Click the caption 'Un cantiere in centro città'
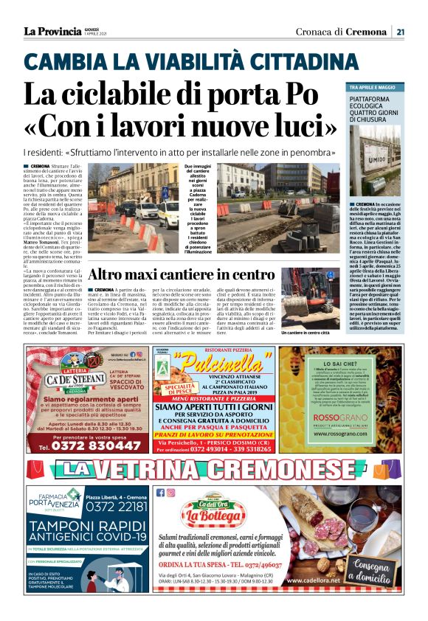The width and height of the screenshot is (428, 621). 306,333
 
